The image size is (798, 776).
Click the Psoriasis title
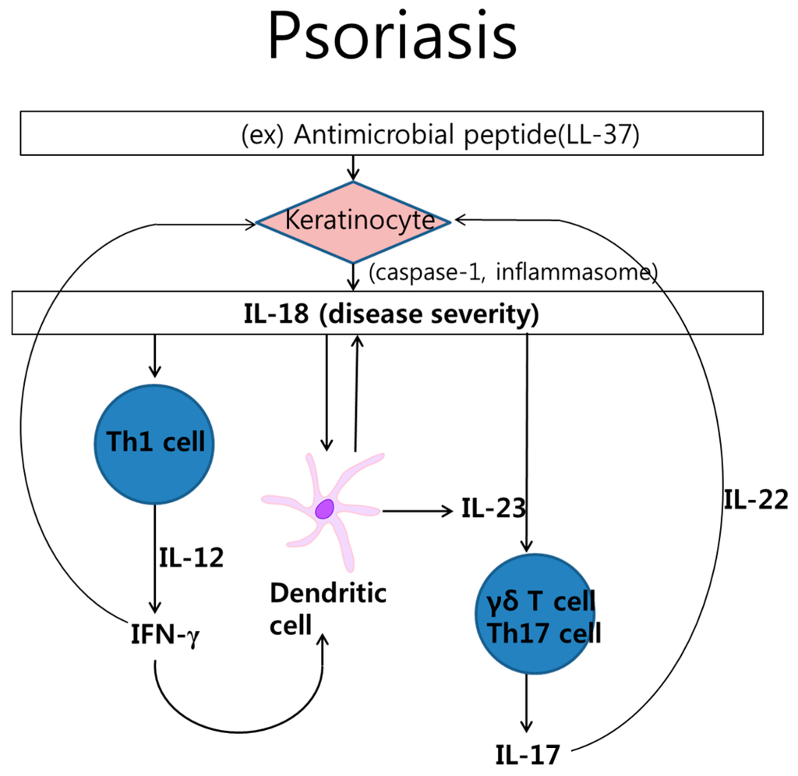[x=392, y=37]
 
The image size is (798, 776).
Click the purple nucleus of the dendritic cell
[x=324, y=509]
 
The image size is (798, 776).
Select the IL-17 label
[x=527, y=755]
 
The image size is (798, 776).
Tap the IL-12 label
[x=192, y=557]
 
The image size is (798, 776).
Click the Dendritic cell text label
[x=327, y=608]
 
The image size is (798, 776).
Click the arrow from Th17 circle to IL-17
[x=530, y=703]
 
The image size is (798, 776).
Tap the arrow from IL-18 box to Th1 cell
[x=156, y=355]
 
